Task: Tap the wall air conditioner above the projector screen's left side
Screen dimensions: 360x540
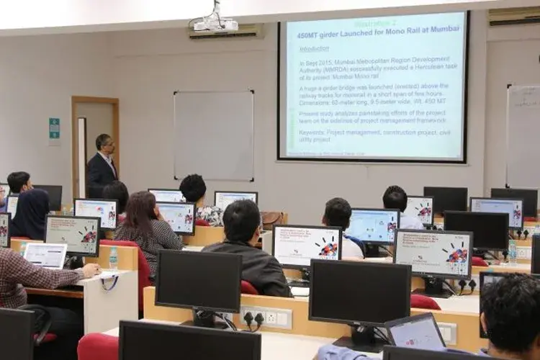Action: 226,31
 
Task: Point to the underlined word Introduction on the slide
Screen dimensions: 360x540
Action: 315,49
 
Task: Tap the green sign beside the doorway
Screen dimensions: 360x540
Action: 55,128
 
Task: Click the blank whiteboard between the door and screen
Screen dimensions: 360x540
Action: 213,135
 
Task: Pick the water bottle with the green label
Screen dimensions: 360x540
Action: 112,258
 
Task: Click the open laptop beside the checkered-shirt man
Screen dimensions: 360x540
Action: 45,254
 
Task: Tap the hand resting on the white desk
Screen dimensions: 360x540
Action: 91,270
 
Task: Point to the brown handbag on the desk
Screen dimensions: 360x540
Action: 273,219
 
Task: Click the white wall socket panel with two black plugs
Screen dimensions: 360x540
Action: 266,317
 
